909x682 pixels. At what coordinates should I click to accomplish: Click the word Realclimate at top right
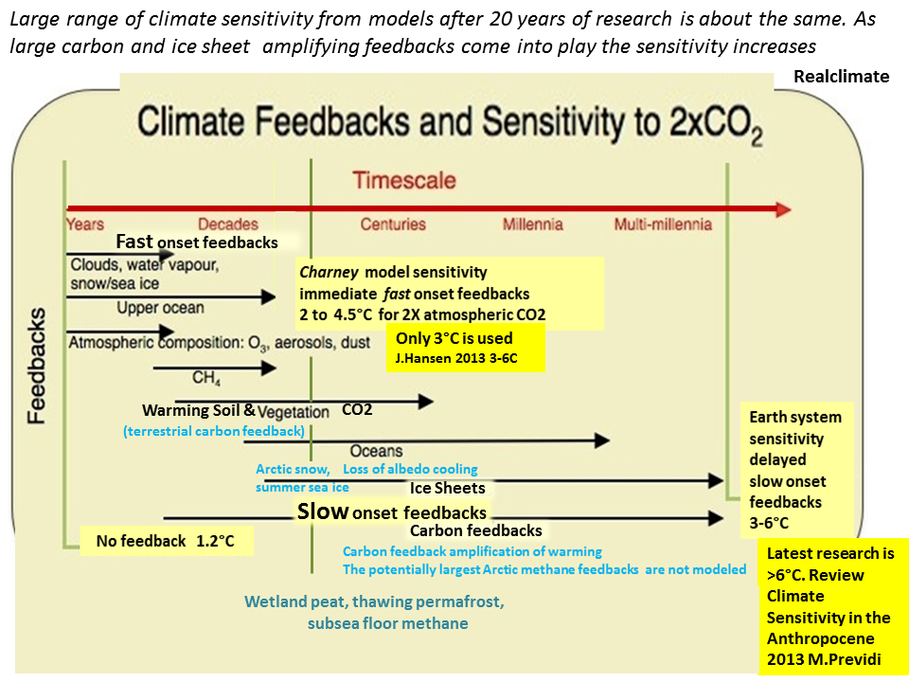(x=841, y=77)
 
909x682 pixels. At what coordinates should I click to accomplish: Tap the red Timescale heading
(x=404, y=180)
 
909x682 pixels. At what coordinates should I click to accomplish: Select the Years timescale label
(x=85, y=224)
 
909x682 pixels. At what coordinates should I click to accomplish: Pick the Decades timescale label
(x=228, y=224)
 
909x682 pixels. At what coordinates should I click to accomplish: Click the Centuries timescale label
(x=393, y=224)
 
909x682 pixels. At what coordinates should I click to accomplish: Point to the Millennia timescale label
(x=533, y=224)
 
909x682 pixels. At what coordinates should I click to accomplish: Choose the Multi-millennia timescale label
(x=663, y=224)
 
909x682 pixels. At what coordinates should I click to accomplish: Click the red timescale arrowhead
(x=783, y=209)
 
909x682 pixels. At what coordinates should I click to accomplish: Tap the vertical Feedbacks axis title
(x=37, y=366)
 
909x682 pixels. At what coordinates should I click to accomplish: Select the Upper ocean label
(x=161, y=308)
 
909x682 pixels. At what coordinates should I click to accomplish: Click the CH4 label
(x=206, y=378)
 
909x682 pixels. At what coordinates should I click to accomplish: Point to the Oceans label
(x=376, y=451)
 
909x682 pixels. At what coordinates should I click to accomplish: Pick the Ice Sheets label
(x=448, y=489)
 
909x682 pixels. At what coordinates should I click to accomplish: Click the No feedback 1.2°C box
(x=167, y=541)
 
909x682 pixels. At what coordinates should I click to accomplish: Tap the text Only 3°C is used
(x=454, y=338)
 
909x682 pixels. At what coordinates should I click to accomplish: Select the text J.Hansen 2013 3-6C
(x=456, y=358)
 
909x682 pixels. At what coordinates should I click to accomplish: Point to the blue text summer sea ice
(x=302, y=488)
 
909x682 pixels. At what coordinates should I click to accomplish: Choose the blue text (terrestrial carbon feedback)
(x=214, y=432)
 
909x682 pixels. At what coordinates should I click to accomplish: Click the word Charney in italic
(x=329, y=273)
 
